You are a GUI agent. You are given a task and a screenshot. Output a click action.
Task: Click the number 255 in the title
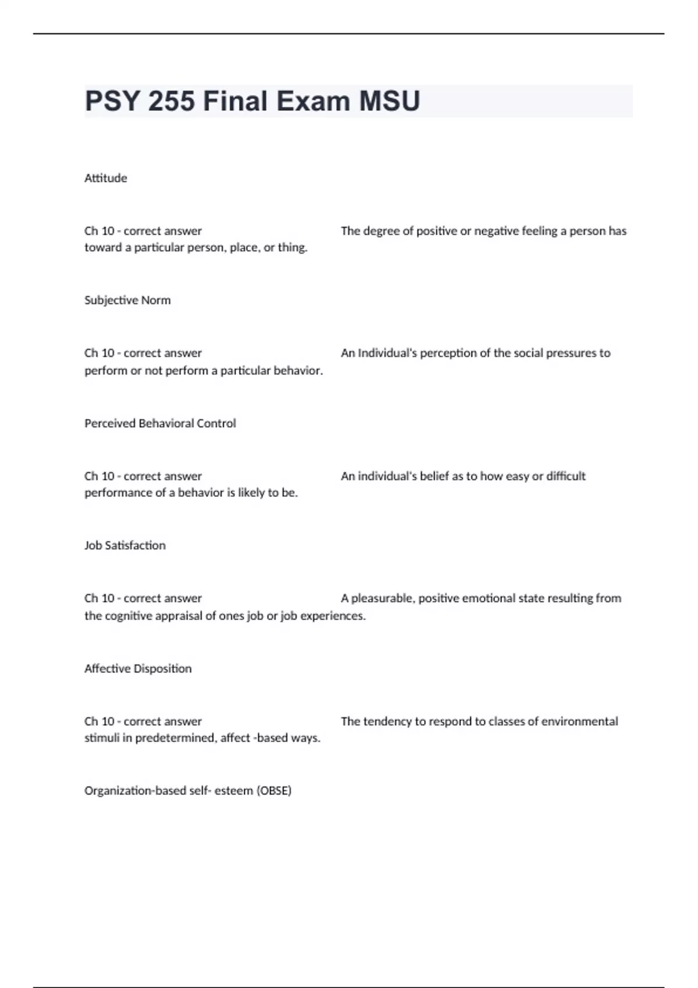[x=171, y=101]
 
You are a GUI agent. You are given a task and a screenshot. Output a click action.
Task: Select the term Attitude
[x=105, y=178]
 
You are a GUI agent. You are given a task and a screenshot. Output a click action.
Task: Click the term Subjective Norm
[x=127, y=300]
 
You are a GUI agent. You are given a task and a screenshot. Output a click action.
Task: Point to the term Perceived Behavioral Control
[x=160, y=424]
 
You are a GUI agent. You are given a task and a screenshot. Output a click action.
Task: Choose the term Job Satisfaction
[x=124, y=546]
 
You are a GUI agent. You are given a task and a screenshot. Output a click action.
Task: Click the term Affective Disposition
[x=138, y=669]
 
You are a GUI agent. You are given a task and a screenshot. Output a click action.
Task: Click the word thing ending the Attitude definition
[x=293, y=248]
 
